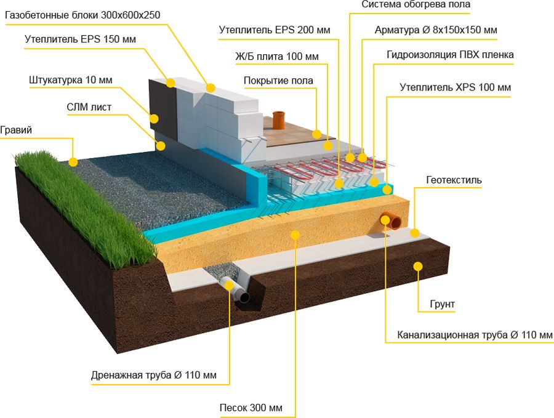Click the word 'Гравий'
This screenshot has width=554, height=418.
[16, 130]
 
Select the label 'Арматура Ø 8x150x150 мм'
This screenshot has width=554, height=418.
[436, 30]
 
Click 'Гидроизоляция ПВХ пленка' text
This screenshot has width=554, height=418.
[450, 55]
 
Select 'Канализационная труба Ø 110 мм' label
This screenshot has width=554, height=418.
[475, 335]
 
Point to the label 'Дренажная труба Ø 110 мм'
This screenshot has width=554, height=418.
[153, 374]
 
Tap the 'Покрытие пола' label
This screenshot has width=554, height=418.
[278, 81]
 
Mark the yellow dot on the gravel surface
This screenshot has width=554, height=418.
[73, 162]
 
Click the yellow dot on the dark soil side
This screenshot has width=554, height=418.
[418, 266]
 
